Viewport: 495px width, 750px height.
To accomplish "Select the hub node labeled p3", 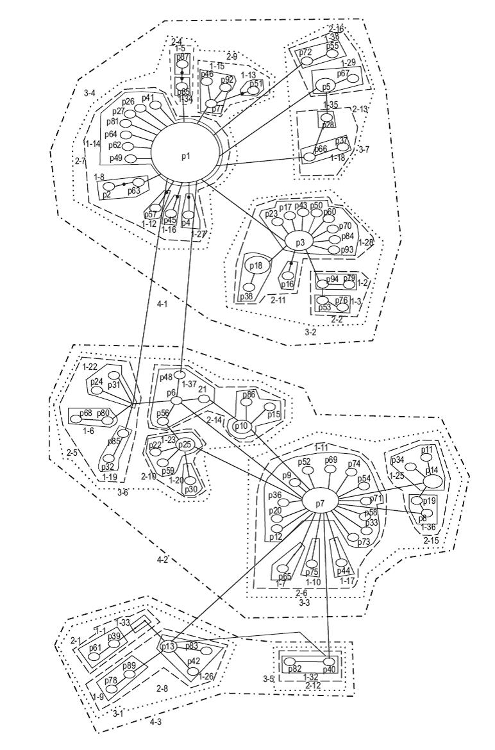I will coord(299,242).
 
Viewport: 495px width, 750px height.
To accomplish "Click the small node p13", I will coord(167,646).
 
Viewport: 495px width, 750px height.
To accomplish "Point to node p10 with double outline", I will coord(241,426).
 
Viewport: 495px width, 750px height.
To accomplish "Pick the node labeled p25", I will coord(185,444).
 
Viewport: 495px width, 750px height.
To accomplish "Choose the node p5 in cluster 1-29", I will coord(326,85).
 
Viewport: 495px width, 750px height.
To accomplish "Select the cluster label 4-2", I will coord(162,560).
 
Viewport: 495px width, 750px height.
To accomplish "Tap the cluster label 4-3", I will coord(155,722).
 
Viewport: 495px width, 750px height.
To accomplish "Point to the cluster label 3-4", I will coord(90,94).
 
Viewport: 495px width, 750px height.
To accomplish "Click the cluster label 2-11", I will coord(277,299).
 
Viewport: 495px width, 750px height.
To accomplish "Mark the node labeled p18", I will coord(256,265).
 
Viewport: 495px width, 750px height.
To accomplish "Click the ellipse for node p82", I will coord(290,661).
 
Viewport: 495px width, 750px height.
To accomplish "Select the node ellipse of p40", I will coord(330,661).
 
